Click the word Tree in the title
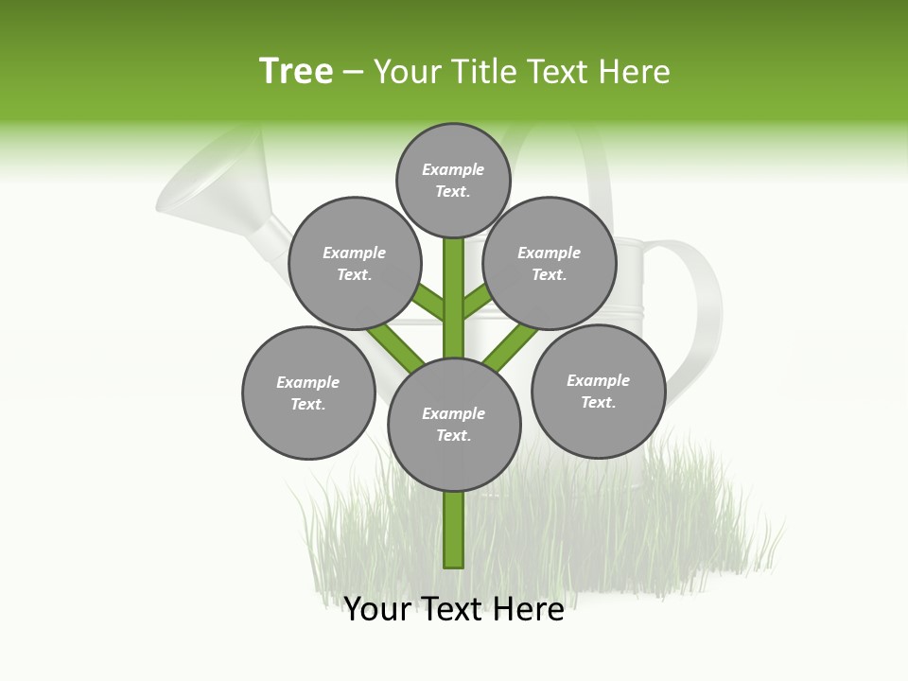pos(296,71)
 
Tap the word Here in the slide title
pos(633,72)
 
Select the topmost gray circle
pos(453,180)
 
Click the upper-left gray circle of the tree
pos(355,263)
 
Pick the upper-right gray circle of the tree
pos(550,263)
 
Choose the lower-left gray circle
pos(308,393)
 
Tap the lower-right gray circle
pos(598,391)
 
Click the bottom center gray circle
pos(454,424)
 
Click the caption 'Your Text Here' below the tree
pos(453,609)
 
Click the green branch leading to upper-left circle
pos(429,302)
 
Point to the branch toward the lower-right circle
pos(511,345)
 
